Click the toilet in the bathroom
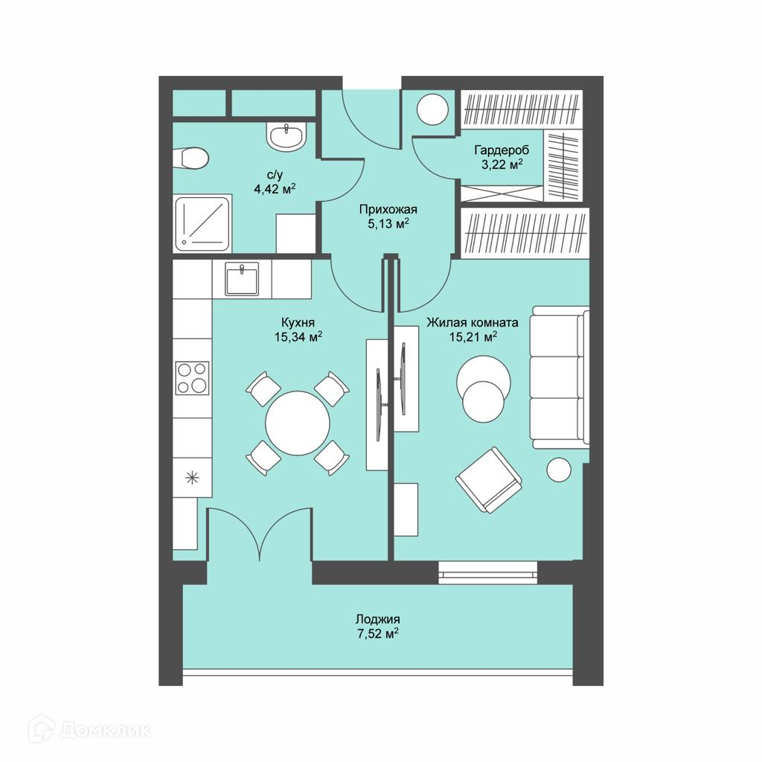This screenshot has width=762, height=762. pos(191,158)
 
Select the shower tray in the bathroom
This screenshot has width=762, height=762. pos(202,223)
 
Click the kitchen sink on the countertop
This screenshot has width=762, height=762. pos(242,278)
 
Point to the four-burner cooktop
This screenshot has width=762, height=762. pos(193,377)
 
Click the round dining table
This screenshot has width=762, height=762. pos(298,423)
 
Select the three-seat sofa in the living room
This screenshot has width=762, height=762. pos(560,377)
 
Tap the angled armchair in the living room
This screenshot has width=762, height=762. pos(488,480)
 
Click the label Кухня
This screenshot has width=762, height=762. pos(298,322)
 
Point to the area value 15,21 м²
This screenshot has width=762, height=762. pos(473,337)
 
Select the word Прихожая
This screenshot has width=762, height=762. pos(388,209)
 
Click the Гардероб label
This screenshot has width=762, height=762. pos(502,150)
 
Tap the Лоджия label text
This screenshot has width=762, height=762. pos(377,619)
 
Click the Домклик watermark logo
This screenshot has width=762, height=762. pos(89,729)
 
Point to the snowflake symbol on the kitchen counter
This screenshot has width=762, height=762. pos(193,478)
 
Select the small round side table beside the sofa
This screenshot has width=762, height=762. pos(559,470)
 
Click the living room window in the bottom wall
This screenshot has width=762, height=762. pos(488,572)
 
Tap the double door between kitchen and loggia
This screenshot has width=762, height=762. pos(260,534)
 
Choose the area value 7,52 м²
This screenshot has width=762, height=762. pos(378,634)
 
